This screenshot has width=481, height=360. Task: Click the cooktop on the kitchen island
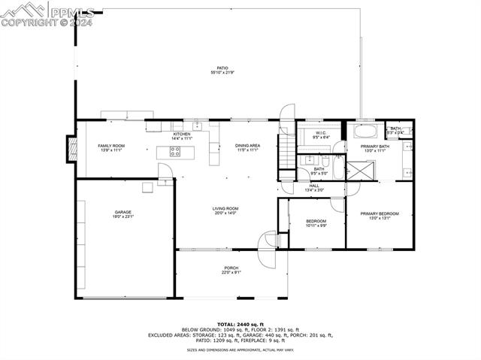175,151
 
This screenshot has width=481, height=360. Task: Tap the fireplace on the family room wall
71,147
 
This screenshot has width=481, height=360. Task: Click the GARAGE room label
123,213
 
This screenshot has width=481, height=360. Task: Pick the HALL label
313,186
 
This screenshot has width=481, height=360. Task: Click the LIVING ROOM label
225,209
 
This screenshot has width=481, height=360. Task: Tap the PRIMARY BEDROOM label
379,214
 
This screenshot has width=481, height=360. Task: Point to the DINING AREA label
247,146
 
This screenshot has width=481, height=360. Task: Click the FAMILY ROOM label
111,146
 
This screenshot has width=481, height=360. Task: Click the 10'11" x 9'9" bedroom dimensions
316,225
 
